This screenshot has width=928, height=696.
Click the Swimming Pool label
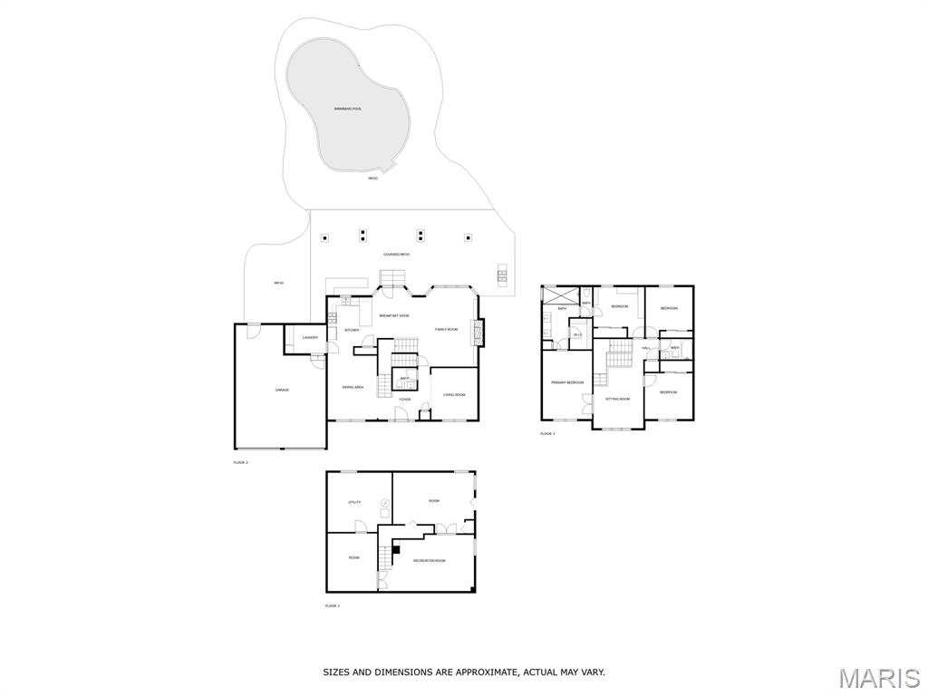(x=347, y=109)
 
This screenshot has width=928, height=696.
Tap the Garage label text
(x=282, y=390)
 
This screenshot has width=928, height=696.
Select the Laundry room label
(x=310, y=338)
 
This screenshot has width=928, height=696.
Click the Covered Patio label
(x=396, y=255)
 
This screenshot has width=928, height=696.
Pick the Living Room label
(x=454, y=395)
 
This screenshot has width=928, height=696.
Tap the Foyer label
(x=405, y=399)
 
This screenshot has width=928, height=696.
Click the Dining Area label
(x=353, y=387)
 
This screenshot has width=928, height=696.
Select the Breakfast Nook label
(x=394, y=315)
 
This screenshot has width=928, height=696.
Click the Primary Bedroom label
(x=567, y=382)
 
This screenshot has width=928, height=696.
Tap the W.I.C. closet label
(x=577, y=335)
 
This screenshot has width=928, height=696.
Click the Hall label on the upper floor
(x=646, y=348)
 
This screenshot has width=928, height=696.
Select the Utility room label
(x=354, y=502)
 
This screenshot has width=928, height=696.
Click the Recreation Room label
(x=429, y=561)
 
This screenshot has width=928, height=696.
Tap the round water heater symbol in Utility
(x=385, y=503)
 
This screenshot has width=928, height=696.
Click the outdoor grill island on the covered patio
(x=501, y=274)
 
